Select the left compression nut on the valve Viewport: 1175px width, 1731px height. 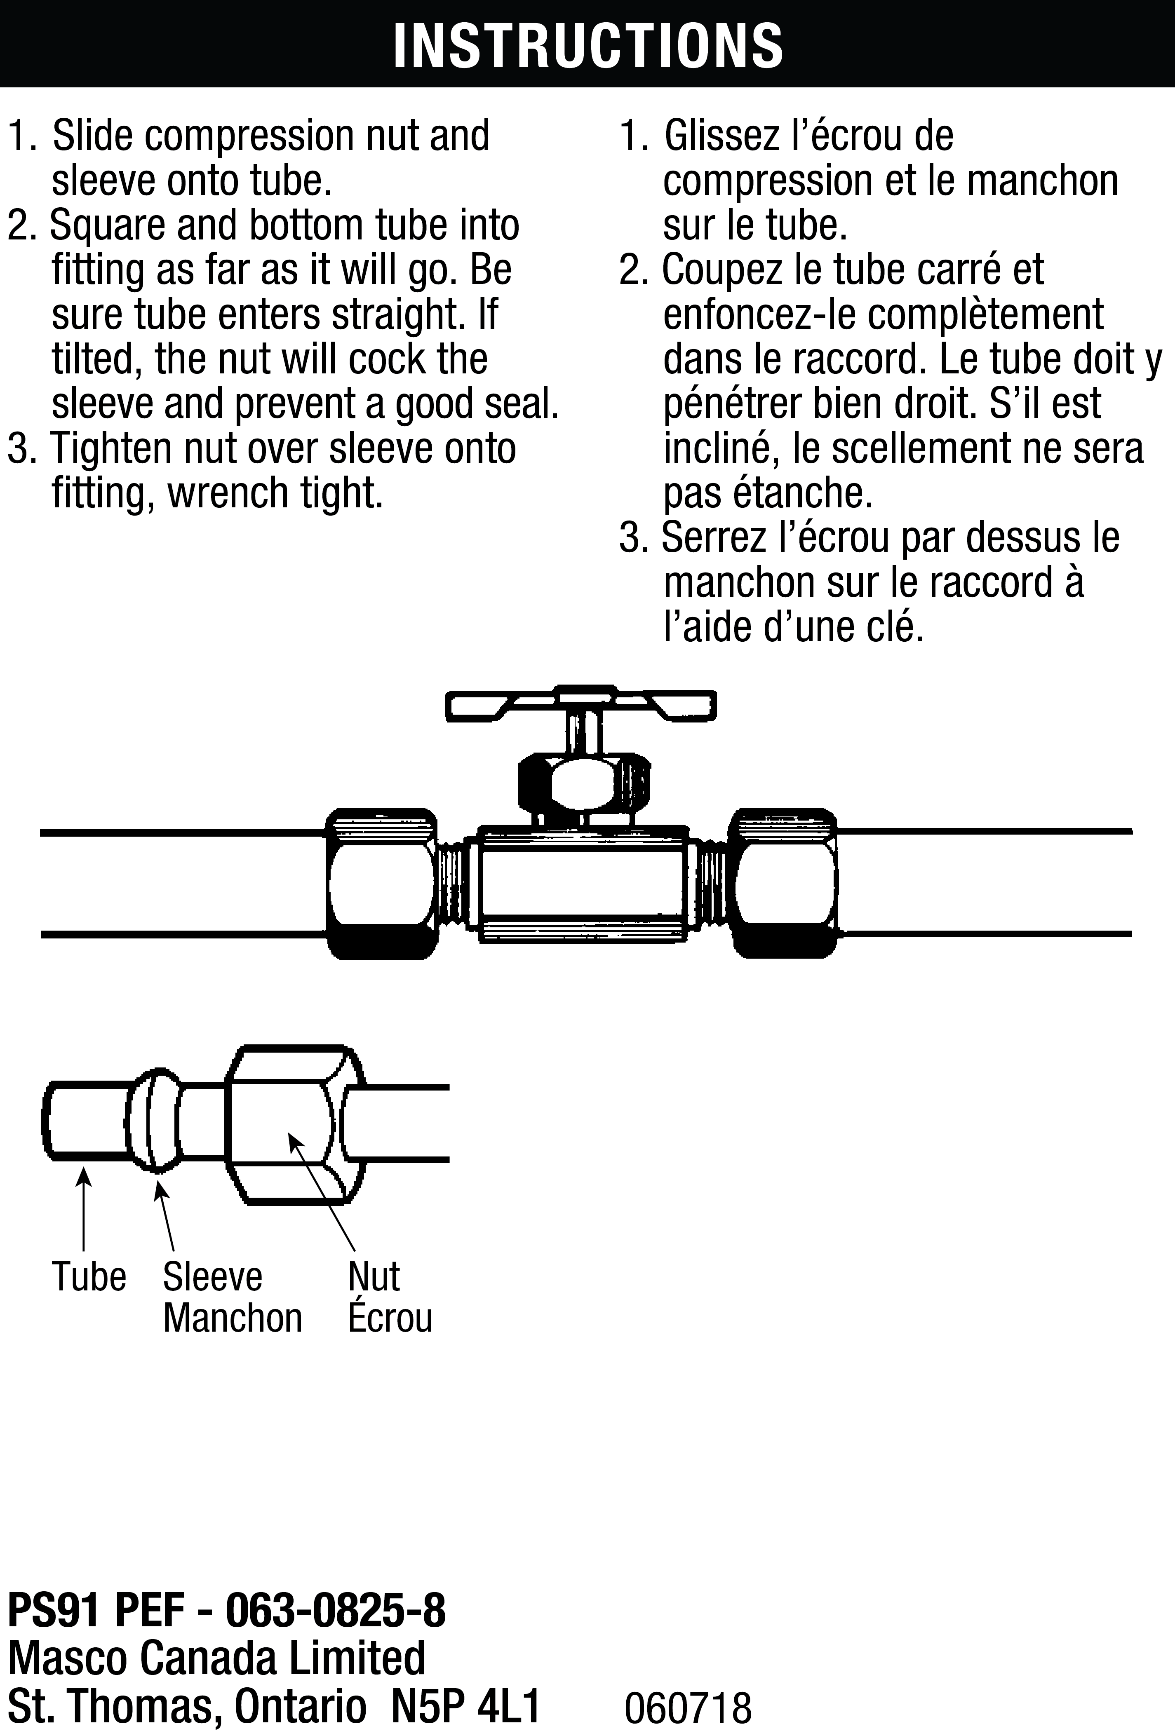coord(381,883)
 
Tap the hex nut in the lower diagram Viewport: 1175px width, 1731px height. coord(287,1125)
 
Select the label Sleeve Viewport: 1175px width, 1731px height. coord(212,1277)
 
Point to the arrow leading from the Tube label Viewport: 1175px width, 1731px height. coord(83,1210)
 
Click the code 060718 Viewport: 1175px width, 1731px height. coord(688,1706)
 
